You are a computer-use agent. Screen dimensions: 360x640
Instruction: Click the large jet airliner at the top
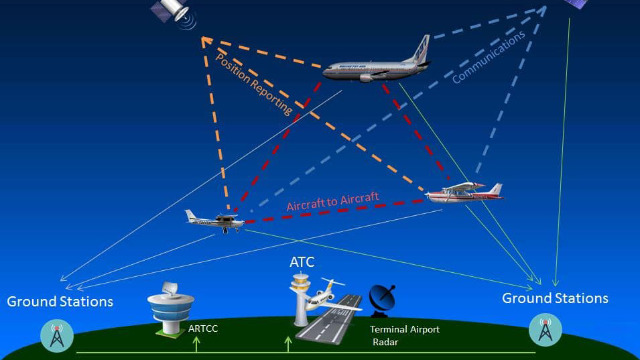(x=375, y=66)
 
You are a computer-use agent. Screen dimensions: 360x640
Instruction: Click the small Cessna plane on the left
(x=214, y=221)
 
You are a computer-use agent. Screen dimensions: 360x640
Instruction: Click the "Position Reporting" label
(x=254, y=84)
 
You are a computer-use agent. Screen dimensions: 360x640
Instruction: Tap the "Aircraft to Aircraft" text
(x=332, y=202)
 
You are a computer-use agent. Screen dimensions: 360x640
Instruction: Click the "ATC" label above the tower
(x=302, y=262)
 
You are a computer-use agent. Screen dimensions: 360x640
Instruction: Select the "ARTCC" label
(x=203, y=328)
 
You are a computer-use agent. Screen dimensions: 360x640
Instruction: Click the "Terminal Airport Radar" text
(x=405, y=335)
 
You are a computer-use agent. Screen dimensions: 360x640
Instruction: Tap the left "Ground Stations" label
(x=60, y=301)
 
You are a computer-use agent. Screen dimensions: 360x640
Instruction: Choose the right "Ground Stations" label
(x=555, y=298)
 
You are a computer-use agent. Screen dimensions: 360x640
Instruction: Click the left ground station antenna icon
(x=56, y=335)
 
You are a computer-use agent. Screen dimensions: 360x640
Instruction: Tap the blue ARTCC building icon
(x=170, y=308)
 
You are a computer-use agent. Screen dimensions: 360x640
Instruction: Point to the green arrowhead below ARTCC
(x=196, y=340)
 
